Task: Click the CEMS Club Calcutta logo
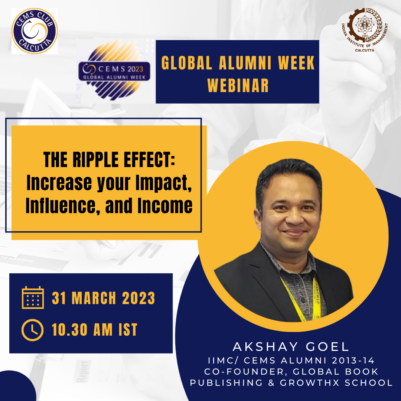(35, 31)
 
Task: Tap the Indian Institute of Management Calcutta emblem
(365, 29)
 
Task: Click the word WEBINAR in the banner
(238, 85)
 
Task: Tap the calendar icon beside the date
(33, 297)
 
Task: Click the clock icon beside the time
(32, 330)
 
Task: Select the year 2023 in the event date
(138, 298)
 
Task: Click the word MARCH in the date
(94, 298)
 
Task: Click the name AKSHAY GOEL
(291, 347)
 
